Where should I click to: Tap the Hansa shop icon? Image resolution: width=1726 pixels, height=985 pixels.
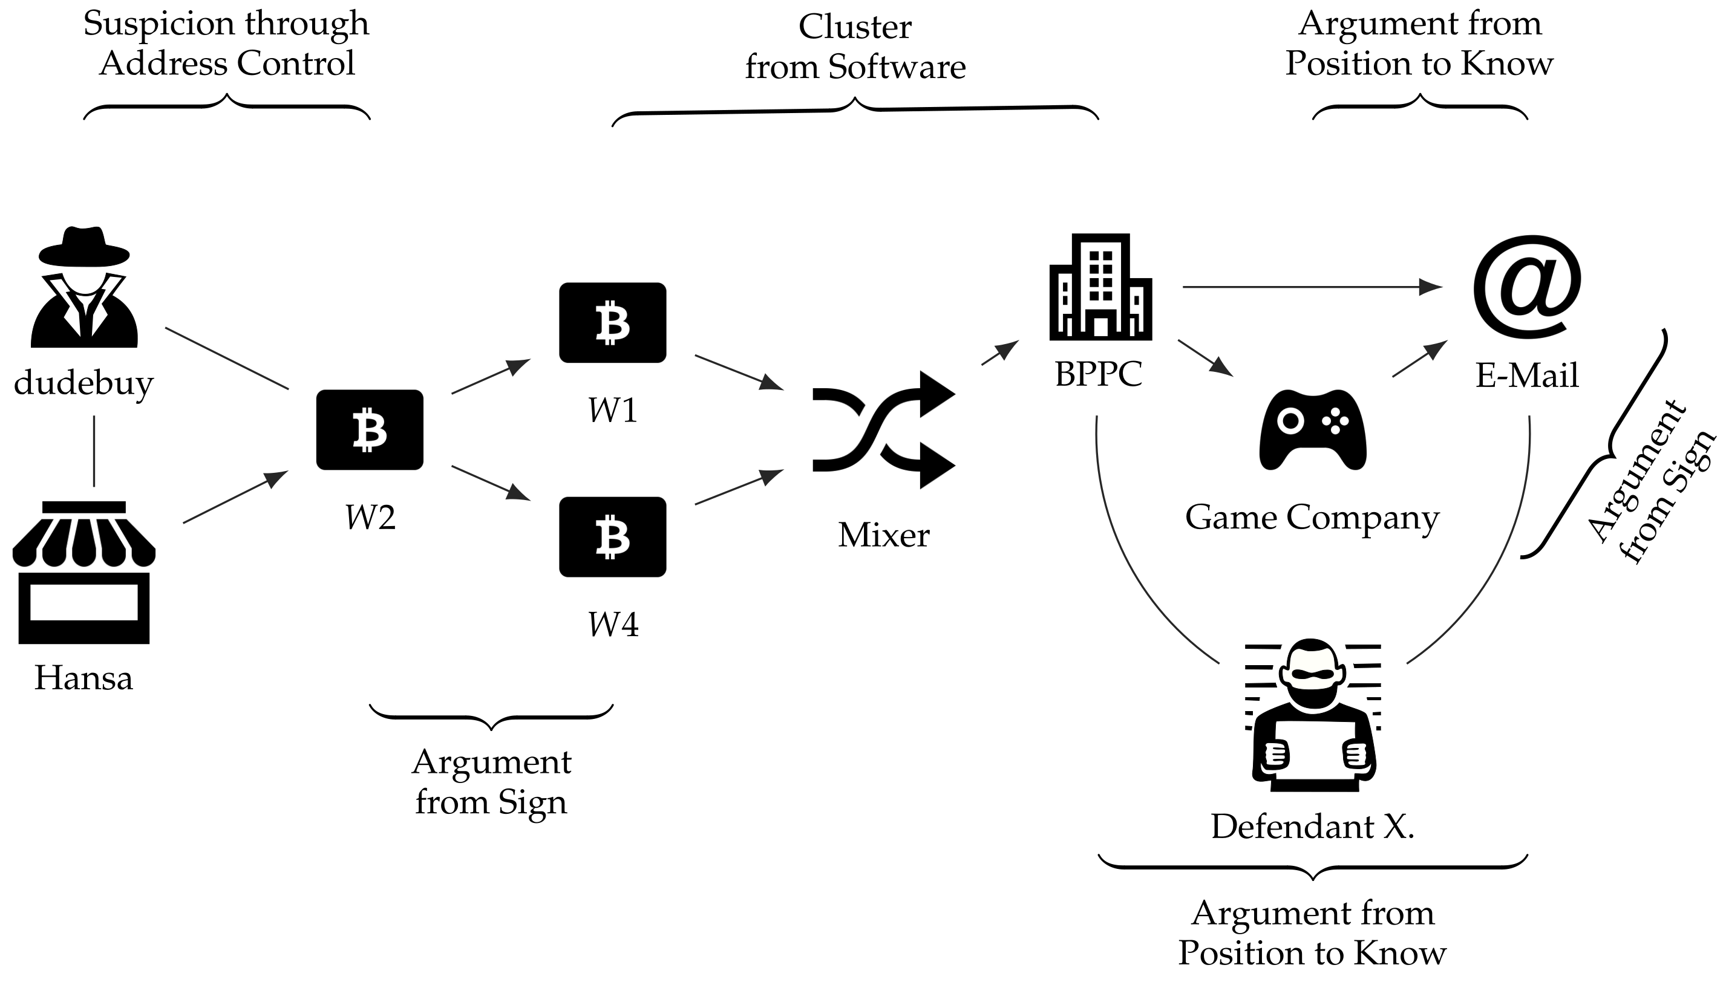84,571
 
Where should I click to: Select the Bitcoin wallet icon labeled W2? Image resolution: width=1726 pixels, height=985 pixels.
370,429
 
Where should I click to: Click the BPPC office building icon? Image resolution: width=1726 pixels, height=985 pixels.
1100,287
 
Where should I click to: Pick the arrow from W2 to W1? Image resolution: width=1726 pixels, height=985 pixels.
490,376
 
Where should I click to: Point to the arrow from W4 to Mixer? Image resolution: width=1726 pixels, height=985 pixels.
738,487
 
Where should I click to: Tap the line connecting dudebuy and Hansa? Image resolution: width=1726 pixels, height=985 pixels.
93,450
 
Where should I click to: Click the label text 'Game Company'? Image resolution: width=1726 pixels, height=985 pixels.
1312,518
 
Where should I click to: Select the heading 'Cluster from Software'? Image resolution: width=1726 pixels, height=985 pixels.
855,47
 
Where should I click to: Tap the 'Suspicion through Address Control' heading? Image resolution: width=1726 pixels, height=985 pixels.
226,42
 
